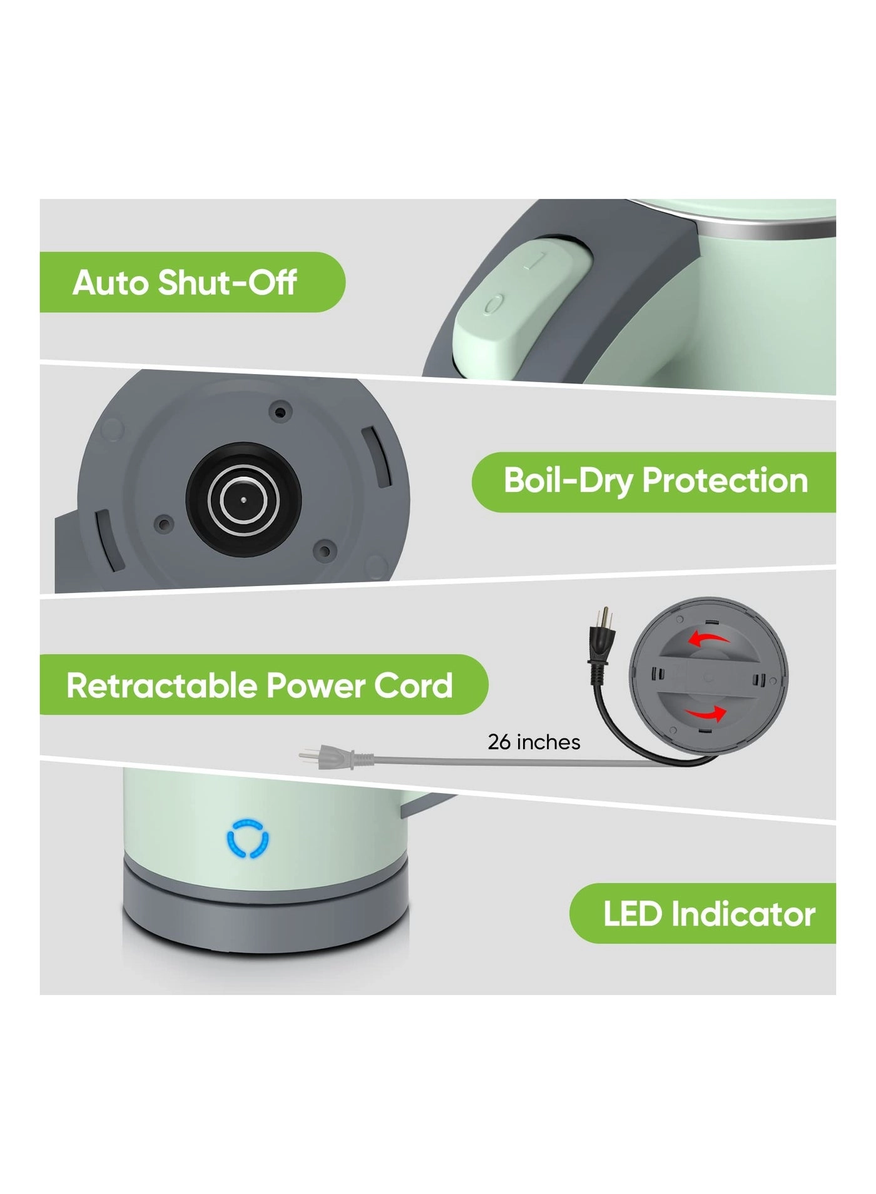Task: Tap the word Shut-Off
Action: pyautogui.click(x=227, y=283)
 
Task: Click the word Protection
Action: pyautogui.click(x=725, y=480)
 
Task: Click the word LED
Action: pyautogui.click(x=632, y=914)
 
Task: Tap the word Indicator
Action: pyautogui.click(x=743, y=914)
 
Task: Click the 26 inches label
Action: pyautogui.click(x=534, y=742)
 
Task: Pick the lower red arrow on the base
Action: pyautogui.click(x=707, y=713)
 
